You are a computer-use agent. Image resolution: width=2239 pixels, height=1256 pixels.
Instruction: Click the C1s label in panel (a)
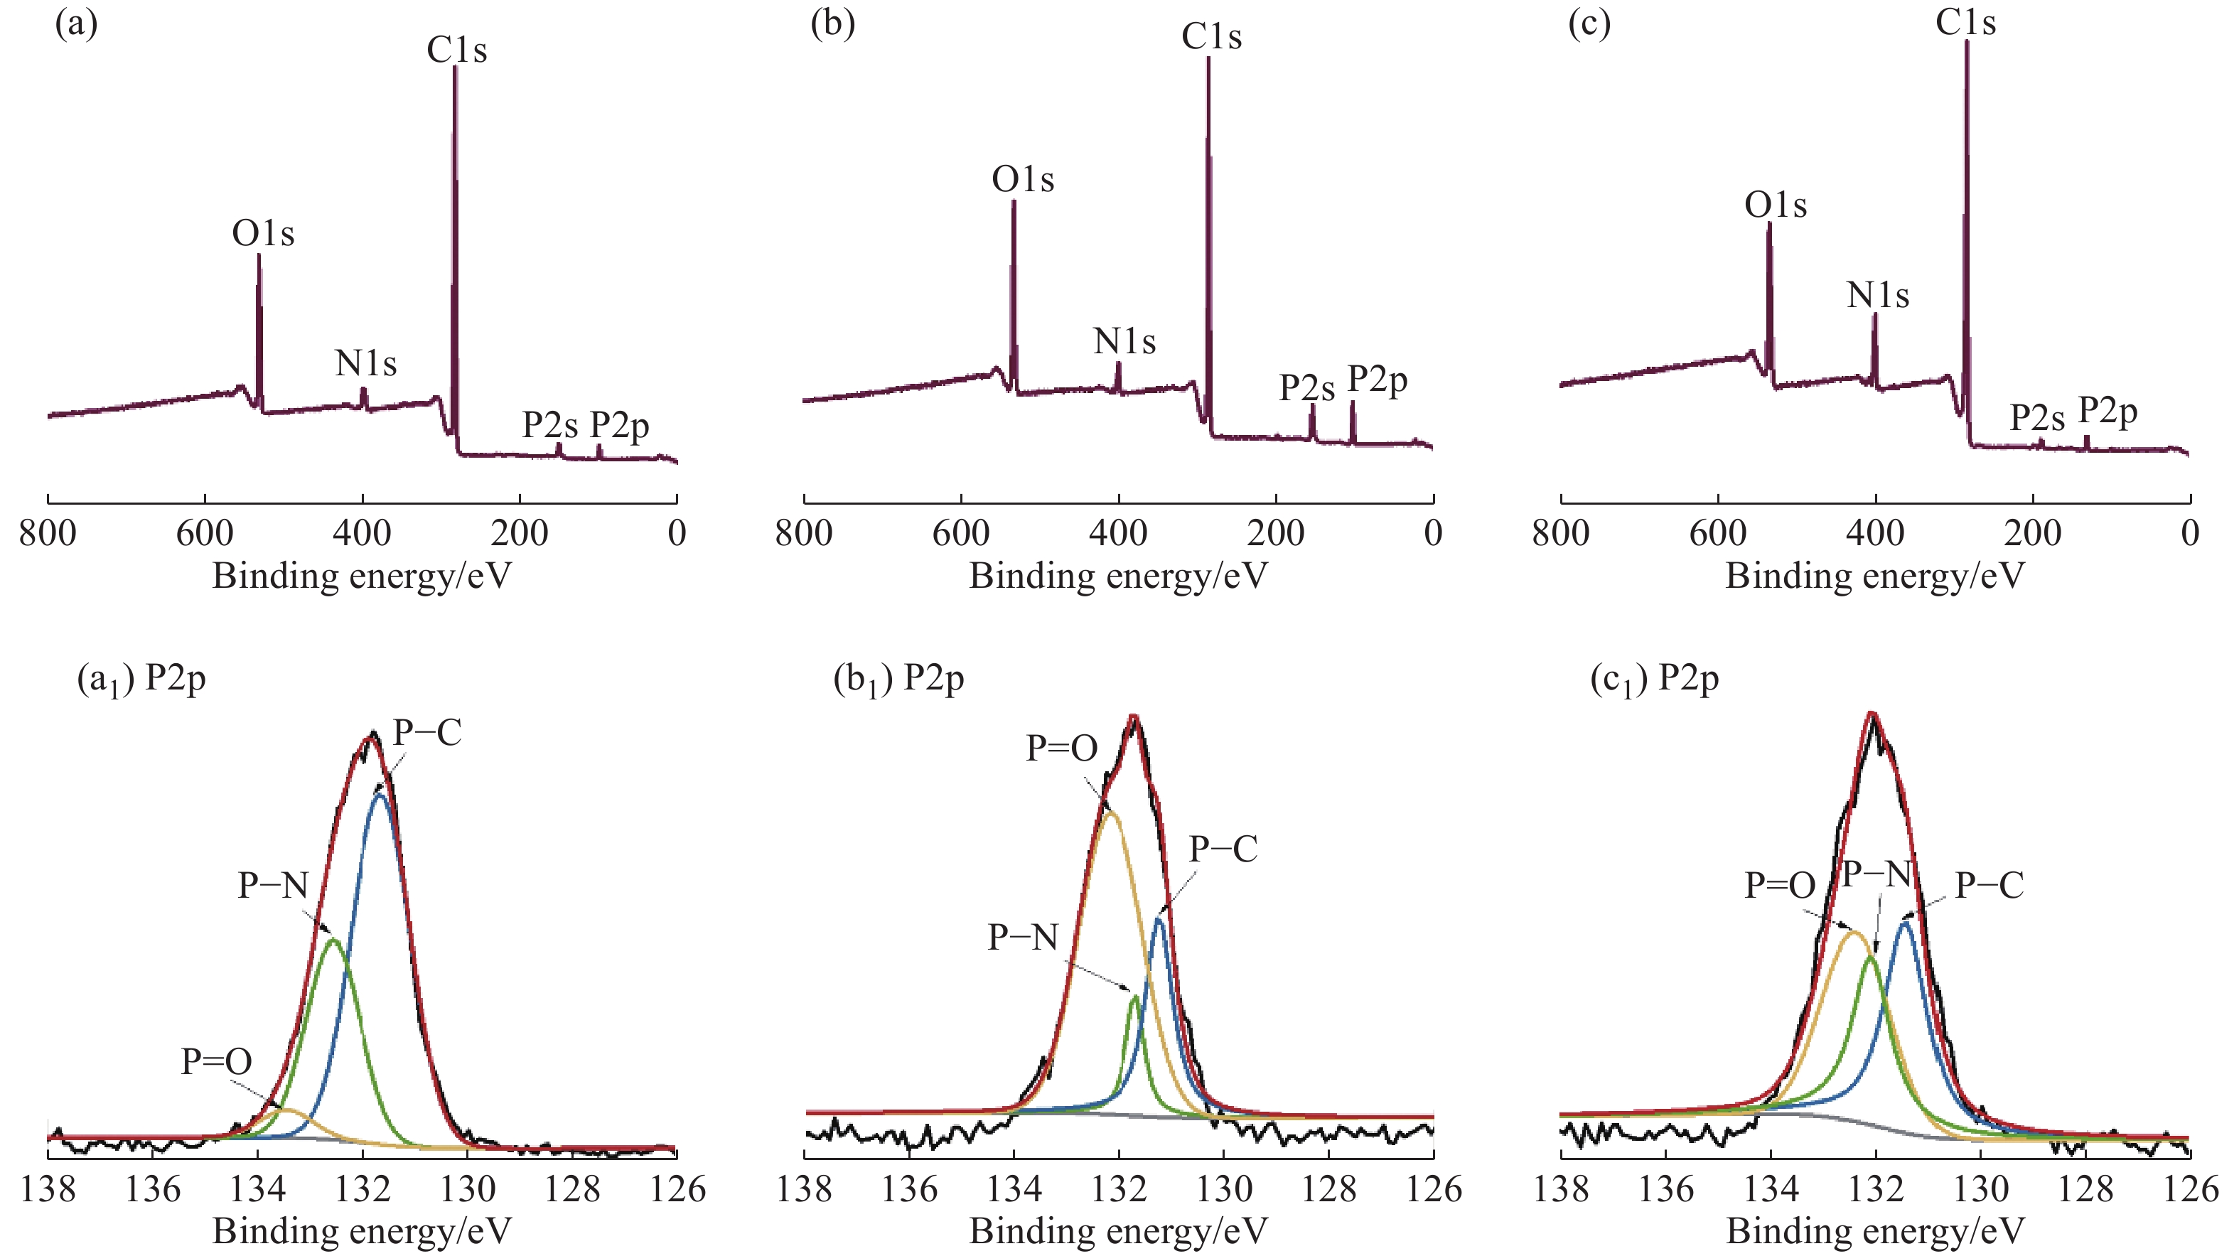(456, 50)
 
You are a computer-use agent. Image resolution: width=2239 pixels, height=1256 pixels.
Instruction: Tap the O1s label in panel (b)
(1022, 180)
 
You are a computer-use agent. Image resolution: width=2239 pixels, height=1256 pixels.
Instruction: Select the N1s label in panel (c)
(1877, 296)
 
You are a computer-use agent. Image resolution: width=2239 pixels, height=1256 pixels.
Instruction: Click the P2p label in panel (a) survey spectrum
(620, 426)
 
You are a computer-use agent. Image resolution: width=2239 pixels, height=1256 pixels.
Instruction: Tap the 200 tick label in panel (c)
(2032, 533)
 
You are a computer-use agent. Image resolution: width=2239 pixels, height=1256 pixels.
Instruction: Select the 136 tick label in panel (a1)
(153, 1188)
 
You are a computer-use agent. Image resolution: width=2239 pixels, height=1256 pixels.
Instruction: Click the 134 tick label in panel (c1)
(1771, 1188)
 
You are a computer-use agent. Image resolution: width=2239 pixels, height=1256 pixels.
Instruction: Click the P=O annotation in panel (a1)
(216, 1061)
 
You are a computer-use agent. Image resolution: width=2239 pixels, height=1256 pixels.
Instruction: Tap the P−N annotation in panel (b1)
(1023, 938)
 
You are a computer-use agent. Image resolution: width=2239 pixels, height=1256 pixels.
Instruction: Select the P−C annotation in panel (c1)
(1990, 886)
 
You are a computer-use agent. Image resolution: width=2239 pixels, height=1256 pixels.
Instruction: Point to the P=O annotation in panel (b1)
(1061, 748)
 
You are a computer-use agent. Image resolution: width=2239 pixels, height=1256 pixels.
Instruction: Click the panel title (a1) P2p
(141, 679)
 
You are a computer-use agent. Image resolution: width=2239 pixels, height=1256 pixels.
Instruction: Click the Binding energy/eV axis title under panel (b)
(1118, 576)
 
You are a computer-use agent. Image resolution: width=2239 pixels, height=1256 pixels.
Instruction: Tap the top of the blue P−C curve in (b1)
(1159, 918)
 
